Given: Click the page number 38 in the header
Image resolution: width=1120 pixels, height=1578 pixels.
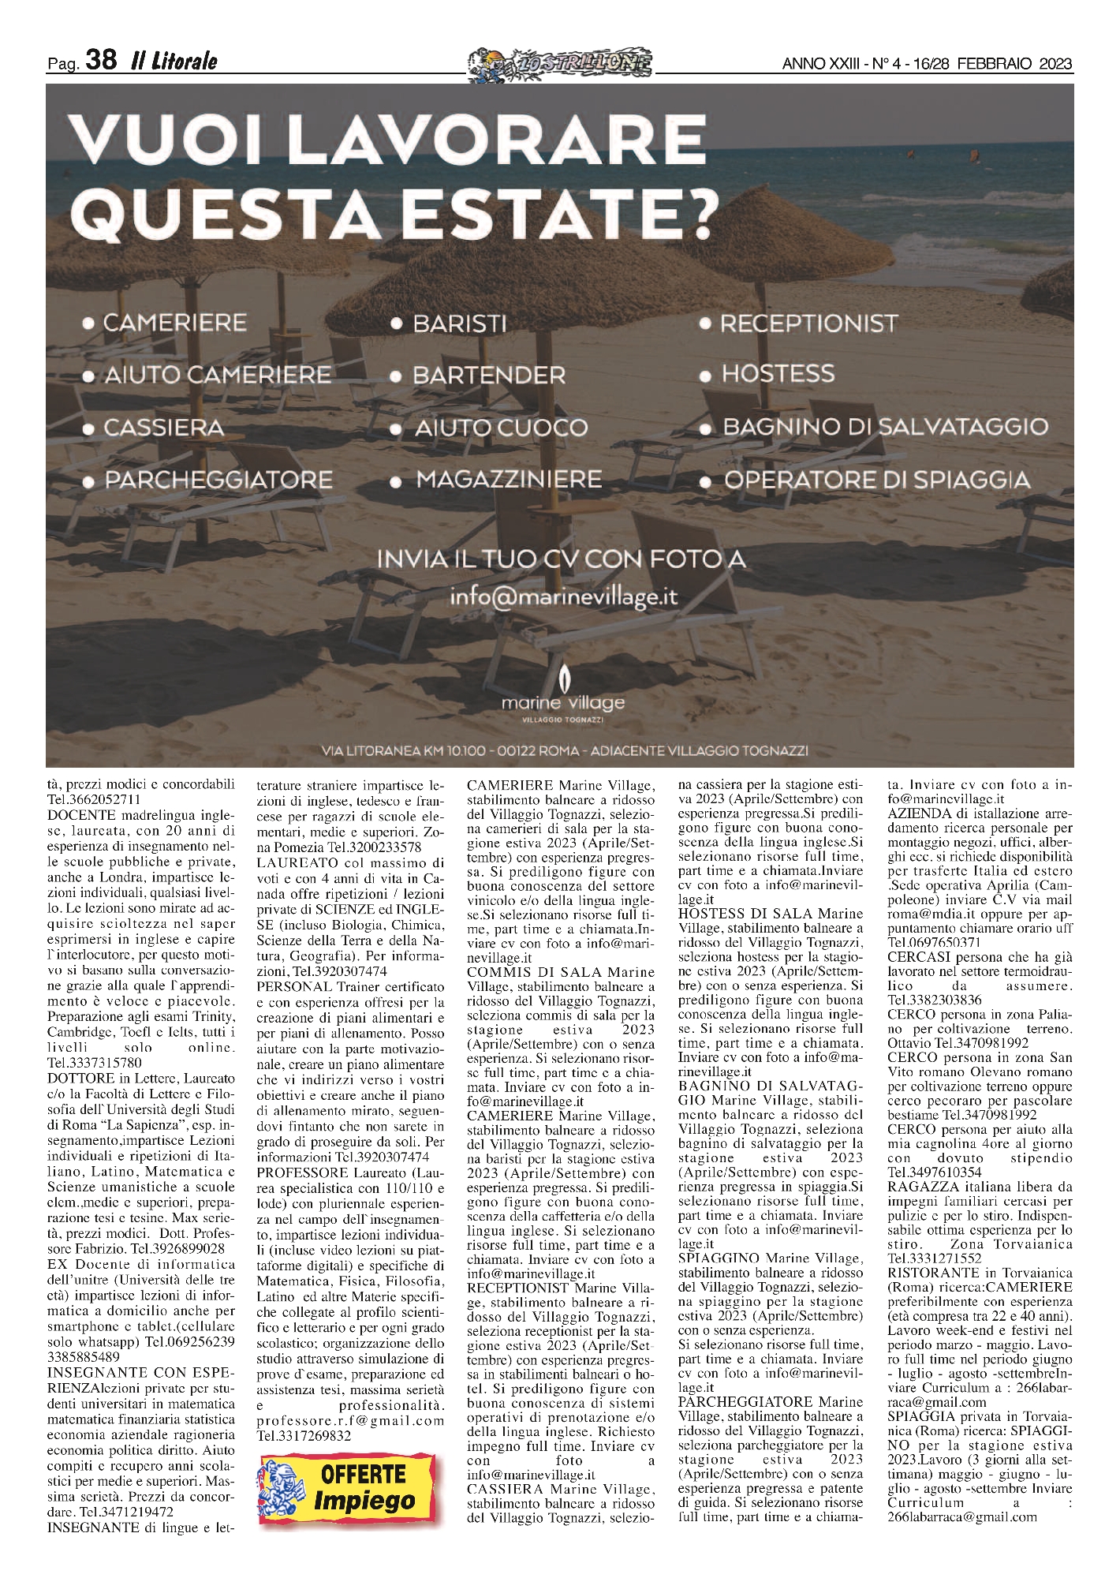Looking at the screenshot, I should click(x=101, y=60).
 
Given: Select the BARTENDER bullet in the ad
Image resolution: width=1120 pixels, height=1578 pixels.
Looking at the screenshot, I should click(x=488, y=376).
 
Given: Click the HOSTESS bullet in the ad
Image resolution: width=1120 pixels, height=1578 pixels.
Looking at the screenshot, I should click(x=778, y=374).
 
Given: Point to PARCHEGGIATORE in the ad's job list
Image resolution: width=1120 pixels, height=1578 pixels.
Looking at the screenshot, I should click(x=218, y=480).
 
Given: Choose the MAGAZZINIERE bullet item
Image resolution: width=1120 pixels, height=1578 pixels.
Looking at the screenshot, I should click(x=508, y=480).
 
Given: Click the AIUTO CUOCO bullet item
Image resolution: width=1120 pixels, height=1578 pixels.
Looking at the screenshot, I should click(x=501, y=428).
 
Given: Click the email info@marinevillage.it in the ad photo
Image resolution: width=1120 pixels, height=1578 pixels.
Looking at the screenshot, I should click(x=563, y=597).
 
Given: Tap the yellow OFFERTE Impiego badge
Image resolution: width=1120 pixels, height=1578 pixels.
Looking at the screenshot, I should click(x=347, y=1488).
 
